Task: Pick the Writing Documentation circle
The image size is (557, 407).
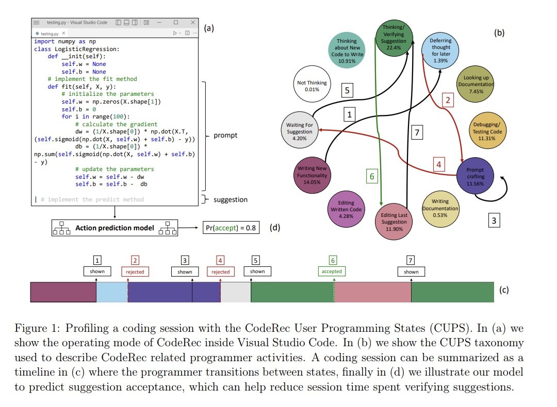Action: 440,208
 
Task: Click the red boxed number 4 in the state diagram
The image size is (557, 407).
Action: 439,165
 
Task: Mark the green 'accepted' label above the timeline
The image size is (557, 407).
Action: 332,271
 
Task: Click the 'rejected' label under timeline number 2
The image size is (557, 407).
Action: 135,272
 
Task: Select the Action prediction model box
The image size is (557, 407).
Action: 114,227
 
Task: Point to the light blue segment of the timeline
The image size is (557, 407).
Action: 112,292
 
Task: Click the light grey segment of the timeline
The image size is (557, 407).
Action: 235,292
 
